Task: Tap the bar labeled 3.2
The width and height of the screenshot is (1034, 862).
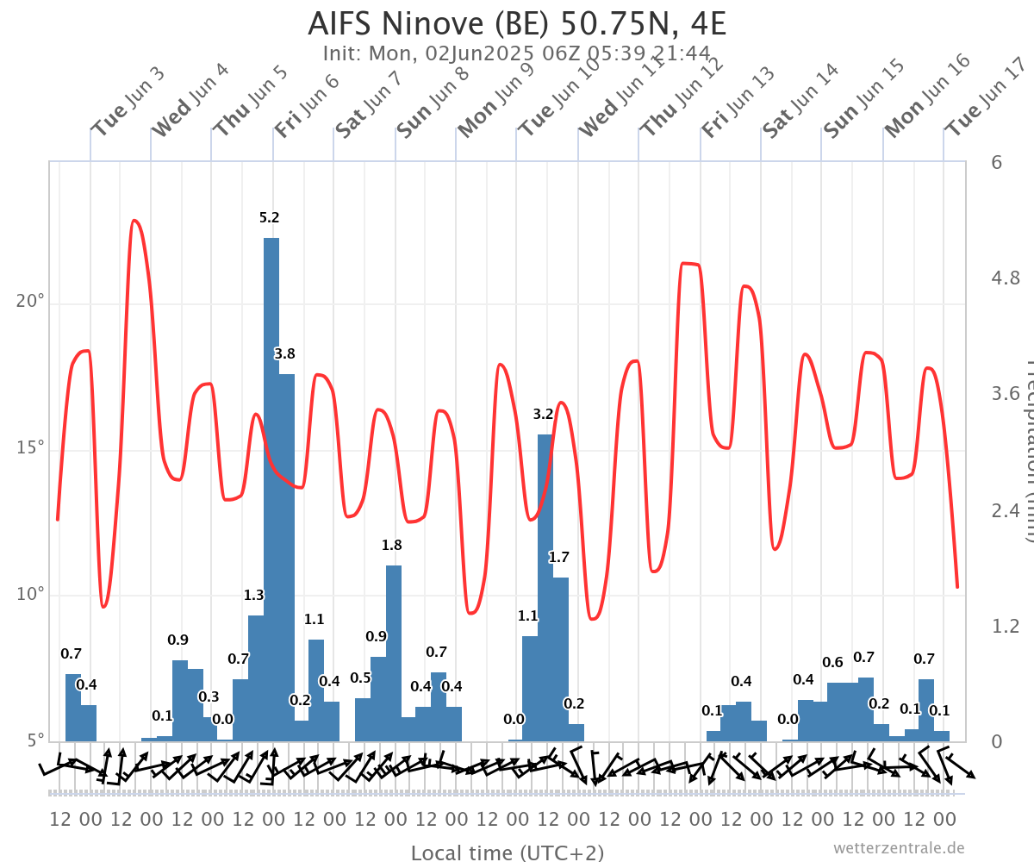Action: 545,586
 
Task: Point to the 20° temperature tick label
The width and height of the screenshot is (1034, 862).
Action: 31,303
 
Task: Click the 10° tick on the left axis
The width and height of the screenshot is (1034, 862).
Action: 31,595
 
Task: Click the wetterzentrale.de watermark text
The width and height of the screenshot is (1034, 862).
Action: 899,847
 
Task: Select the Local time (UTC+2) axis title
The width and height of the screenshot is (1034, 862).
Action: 507,853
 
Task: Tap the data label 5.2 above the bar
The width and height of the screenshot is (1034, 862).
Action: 270,218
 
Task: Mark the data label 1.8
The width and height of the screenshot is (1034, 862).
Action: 392,545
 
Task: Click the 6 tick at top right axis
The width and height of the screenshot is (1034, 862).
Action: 997,162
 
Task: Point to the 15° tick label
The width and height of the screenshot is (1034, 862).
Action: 31,448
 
